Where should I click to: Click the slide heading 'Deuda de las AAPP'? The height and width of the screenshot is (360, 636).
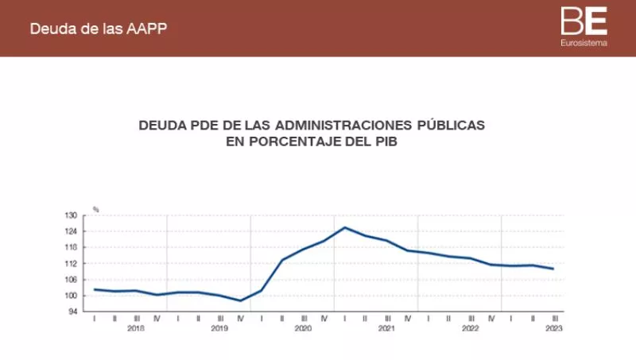point(98,29)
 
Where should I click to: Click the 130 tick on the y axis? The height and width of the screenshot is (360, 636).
point(70,215)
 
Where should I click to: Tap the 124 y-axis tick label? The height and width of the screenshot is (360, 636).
point(70,231)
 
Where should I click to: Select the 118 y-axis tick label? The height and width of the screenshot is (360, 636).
point(70,247)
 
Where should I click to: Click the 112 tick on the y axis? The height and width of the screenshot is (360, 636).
point(70,263)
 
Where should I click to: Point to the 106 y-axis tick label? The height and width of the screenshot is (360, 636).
point(70,279)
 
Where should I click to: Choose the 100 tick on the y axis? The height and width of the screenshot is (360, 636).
point(70,295)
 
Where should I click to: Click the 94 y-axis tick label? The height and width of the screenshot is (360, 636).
point(72,311)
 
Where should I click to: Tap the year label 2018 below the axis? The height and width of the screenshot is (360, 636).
point(135,327)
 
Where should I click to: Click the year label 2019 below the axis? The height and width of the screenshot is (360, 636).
point(219,327)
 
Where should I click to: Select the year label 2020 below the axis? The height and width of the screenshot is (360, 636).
point(303,327)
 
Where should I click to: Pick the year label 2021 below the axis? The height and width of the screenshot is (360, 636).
point(386,327)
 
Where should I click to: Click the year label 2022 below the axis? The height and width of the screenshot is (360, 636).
point(471,327)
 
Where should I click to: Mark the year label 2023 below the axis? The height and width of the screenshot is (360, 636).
point(554,327)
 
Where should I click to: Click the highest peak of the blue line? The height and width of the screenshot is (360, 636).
point(345,227)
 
